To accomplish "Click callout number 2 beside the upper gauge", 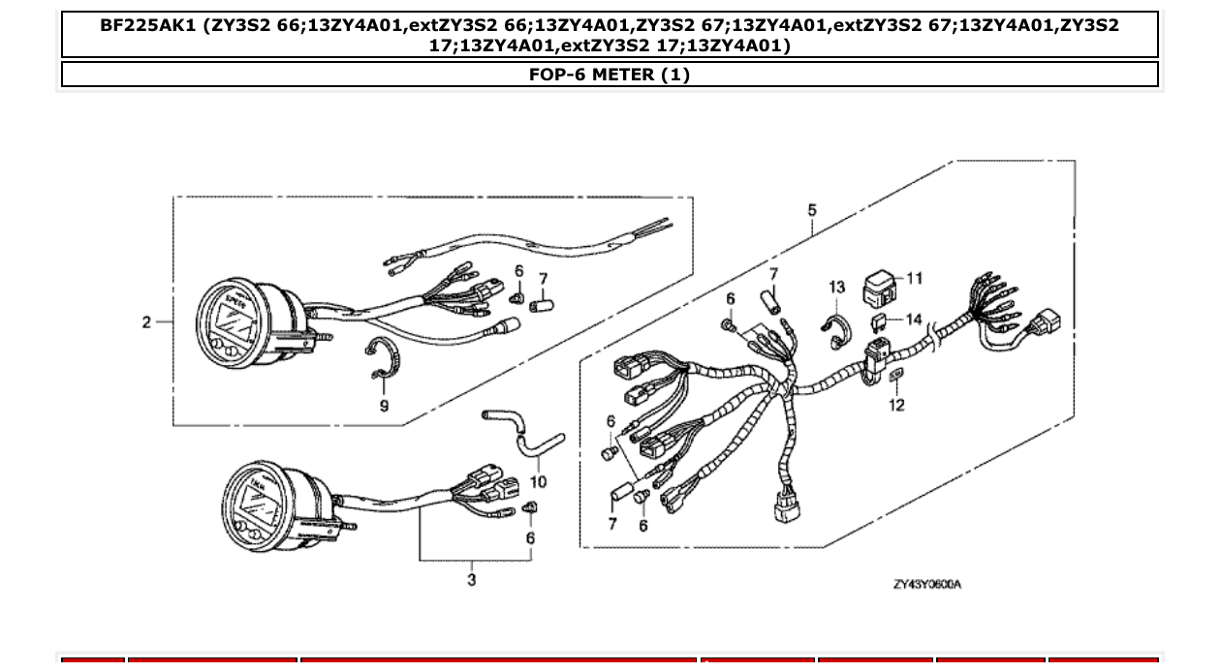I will point(146,322).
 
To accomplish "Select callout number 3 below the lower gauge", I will point(472,580).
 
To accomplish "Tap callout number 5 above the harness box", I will point(812,210).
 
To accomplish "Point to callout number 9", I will point(384,406).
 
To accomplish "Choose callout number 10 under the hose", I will point(539,481).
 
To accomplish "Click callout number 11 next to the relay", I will point(914,279).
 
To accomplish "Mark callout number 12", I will point(896,405).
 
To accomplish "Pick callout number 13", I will point(837,288).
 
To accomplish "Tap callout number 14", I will point(914,319).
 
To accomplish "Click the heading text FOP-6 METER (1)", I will point(610,75).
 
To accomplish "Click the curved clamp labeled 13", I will point(833,329).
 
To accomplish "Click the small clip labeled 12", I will point(895,376).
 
